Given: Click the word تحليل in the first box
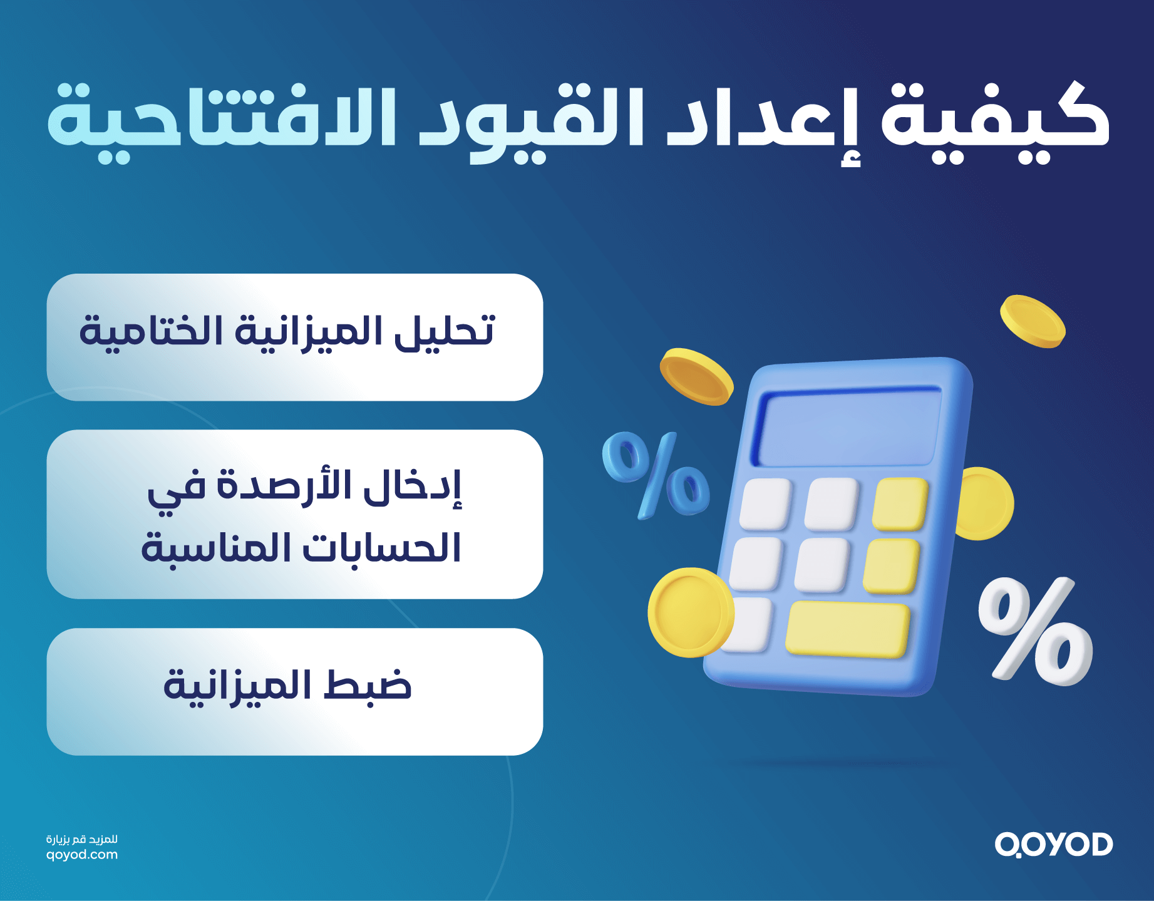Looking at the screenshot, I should point(445,332).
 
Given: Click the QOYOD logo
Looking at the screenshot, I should point(1054,845).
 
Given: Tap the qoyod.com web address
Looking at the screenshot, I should point(82,855).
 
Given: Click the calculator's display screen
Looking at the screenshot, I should point(848,428).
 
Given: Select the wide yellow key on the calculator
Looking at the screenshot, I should point(847,629).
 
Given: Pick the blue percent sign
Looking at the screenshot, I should point(655,474).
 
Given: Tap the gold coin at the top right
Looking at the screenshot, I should point(1032,321).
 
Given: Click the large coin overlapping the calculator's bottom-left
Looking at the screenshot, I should point(689,612).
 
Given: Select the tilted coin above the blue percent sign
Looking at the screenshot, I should point(696,376).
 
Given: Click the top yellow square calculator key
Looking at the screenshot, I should point(900,504).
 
